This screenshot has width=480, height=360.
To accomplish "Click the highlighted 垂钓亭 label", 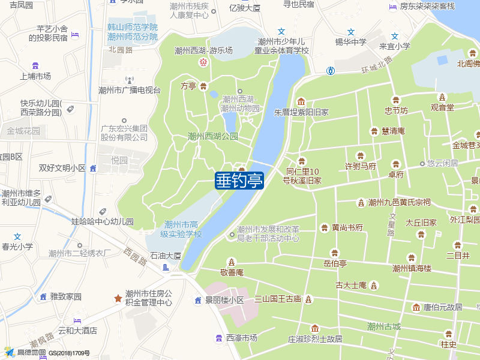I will point(240,180).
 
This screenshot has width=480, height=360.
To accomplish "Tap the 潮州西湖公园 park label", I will point(213,136).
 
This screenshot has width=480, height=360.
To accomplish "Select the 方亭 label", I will point(188,86).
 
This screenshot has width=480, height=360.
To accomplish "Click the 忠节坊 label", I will point(396,110).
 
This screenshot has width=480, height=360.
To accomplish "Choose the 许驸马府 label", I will point(361,166).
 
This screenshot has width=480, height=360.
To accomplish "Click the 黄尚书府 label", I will point(347,227).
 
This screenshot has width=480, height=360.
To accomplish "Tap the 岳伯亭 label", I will point(335,263).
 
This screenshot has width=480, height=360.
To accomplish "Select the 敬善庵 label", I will point(231,272).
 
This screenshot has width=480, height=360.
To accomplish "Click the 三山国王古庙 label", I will point(277,299).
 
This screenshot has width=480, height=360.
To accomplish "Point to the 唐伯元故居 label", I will point(443,307).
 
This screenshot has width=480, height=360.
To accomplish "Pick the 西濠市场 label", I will point(241,338).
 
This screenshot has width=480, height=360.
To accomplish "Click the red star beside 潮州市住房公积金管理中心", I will point(118,298).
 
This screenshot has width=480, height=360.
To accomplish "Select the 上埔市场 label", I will point(35,76).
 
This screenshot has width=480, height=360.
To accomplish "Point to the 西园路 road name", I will point(136,256).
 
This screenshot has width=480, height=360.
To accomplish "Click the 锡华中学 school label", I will point(351,42).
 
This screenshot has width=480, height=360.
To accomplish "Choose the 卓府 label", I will point(396,175).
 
